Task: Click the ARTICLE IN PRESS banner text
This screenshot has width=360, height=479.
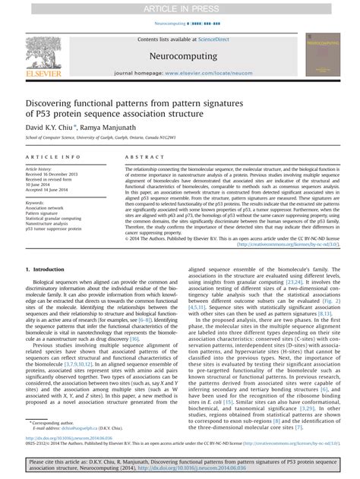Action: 180,8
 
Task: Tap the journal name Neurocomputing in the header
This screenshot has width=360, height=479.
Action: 179,56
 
